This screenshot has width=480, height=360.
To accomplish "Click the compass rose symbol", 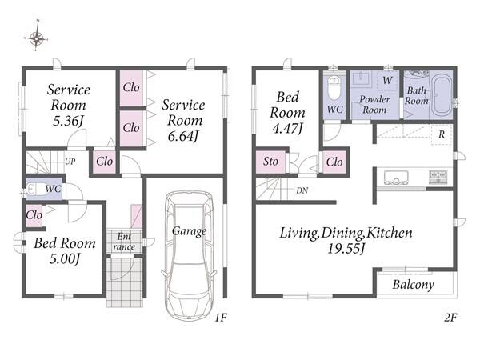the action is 36,38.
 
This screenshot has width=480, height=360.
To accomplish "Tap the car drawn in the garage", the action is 189,256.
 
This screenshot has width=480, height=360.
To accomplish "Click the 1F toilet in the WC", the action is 34,190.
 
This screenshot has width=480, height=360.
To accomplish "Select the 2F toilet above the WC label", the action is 334,87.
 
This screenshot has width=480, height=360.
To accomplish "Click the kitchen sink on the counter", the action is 396,178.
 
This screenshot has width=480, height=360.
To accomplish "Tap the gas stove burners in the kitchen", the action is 438,177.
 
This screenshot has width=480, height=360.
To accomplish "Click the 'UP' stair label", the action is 70,162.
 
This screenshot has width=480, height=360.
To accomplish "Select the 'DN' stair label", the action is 302,190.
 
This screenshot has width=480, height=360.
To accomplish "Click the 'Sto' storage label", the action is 270,162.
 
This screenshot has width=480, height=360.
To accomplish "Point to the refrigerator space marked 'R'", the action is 442,134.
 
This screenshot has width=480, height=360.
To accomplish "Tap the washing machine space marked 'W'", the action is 387,80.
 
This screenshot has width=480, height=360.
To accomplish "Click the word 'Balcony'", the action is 414,285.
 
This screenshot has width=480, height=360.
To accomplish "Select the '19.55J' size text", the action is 346,248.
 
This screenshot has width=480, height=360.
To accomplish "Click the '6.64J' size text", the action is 183,135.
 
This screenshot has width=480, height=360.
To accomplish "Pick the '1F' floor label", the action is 221,318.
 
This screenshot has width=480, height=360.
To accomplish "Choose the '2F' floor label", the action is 450,318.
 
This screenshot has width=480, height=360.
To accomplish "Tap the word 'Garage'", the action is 189,231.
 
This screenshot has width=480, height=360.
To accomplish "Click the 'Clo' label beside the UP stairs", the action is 104,162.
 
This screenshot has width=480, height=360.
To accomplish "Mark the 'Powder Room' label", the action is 374,104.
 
